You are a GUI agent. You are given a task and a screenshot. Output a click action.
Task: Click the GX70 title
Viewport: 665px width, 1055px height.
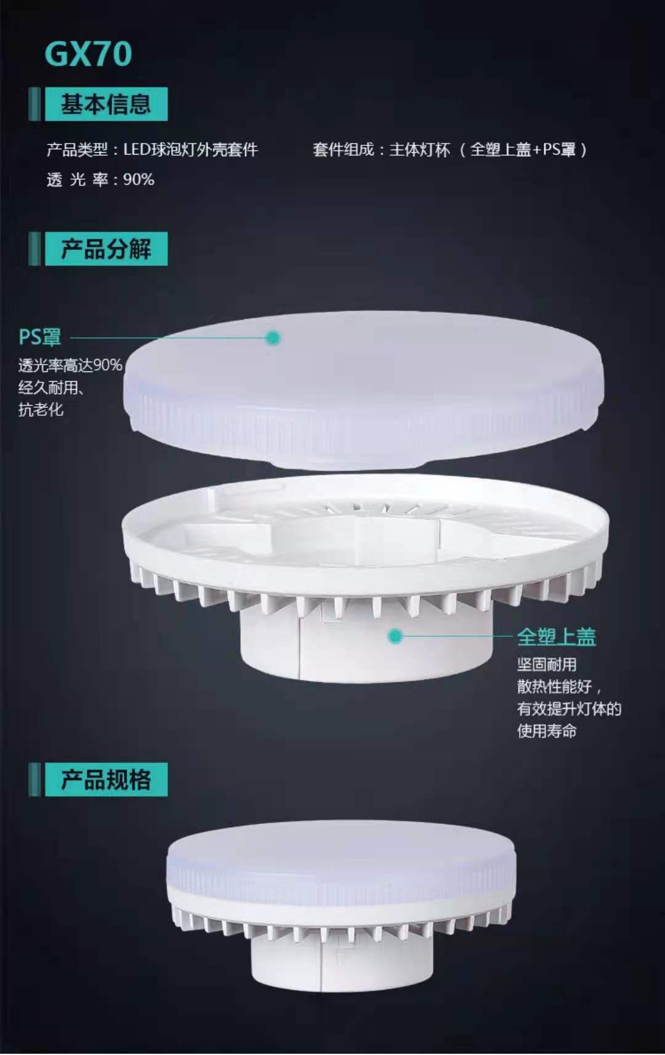[88, 54]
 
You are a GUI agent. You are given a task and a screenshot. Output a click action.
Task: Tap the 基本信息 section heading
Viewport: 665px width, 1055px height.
[106, 105]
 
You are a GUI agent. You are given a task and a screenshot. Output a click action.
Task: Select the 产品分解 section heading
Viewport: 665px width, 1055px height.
[106, 249]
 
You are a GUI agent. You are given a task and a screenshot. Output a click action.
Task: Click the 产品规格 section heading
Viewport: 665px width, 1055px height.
[106, 780]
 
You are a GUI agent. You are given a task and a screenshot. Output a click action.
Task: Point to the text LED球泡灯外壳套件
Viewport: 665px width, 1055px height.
[191, 150]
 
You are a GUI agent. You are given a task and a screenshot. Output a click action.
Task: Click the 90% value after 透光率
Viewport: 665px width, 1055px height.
[139, 179]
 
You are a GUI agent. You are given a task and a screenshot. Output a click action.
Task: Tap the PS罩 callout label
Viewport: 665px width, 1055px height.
[40, 338]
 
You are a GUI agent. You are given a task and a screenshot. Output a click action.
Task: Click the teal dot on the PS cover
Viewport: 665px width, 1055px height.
[273, 338]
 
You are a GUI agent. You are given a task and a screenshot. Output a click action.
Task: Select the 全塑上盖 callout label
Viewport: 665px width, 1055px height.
[556, 637]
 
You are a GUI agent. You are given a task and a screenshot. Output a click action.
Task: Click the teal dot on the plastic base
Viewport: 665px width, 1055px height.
[395, 636]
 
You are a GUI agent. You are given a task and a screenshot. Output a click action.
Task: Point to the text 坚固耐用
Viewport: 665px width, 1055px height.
[547, 665]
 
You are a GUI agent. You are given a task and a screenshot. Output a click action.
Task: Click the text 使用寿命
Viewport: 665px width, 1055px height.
[547, 731]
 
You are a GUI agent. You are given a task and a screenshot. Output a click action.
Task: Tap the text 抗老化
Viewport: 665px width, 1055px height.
[41, 410]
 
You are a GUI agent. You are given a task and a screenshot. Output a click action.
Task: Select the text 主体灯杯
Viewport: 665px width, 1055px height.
[420, 150]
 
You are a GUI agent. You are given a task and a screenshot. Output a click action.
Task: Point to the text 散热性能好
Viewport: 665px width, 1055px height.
[554, 687]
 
